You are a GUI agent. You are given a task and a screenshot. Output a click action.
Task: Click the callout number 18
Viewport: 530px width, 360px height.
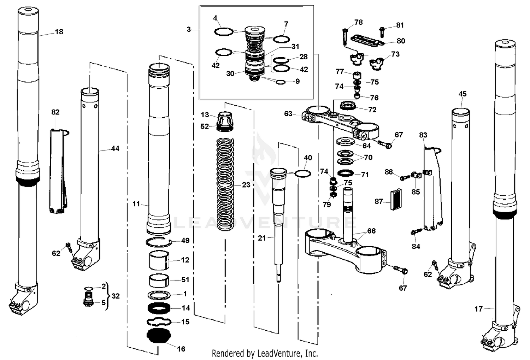click(x=59, y=32)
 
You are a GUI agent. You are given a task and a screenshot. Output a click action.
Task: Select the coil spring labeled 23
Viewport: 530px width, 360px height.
click(x=225, y=184)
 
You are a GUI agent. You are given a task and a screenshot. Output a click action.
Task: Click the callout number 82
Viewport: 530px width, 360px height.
click(x=55, y=112)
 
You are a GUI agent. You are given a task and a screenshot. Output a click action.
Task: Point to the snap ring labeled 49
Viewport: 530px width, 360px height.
click(x=158, y=242)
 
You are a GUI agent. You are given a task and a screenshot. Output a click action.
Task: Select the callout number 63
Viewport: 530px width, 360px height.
click(x=288, y=113)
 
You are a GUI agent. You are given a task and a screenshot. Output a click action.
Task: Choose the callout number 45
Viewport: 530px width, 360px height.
click(x=462, y=94)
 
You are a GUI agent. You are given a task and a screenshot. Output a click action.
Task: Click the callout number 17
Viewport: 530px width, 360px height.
click(x=478, y=309)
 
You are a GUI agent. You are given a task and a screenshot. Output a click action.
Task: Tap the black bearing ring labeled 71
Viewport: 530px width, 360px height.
click(x=346, y=173)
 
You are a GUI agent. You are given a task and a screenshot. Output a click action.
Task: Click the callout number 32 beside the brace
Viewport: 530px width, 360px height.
click(x=116, y=296)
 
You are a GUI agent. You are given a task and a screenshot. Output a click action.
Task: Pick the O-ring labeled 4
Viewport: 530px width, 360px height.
click(x=224, y=32)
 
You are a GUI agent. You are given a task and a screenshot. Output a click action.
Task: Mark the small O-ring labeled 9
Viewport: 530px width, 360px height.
click(x=281, y=82)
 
